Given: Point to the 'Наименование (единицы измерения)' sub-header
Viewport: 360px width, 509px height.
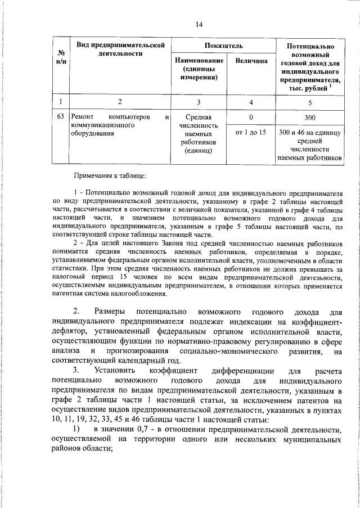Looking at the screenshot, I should click(195, 69).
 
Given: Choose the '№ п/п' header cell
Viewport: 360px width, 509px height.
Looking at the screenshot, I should click(60, 57).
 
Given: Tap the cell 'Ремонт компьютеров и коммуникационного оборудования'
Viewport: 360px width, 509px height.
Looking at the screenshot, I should click(119, 126).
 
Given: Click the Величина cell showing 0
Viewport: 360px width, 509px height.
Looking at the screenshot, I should click(251, 118).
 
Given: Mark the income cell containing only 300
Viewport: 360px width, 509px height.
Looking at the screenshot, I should click(310, 118).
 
